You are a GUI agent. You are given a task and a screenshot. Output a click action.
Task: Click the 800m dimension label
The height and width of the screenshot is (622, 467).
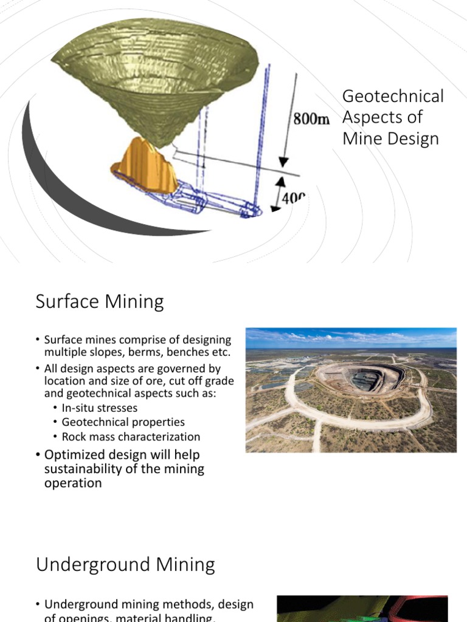coord(311,119)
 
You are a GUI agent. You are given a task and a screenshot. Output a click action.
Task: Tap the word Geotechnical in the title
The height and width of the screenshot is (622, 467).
coord(393,96)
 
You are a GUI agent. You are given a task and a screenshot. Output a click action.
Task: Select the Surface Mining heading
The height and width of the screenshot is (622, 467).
coord(100,302)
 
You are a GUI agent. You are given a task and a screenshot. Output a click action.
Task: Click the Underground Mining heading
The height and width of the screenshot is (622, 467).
coord(125,565)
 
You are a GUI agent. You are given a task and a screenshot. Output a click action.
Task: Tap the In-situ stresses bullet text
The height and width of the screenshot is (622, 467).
coord(100,408)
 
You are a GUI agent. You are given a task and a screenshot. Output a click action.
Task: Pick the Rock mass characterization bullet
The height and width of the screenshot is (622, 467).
coord(131,437)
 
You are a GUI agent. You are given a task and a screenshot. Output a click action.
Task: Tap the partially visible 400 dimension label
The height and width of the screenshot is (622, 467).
coord(293,198)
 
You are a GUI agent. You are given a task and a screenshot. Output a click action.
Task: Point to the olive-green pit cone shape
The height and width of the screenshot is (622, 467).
coord(158,79)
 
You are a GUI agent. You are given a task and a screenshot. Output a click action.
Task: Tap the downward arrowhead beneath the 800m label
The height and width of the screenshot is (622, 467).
coord(283,161)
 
